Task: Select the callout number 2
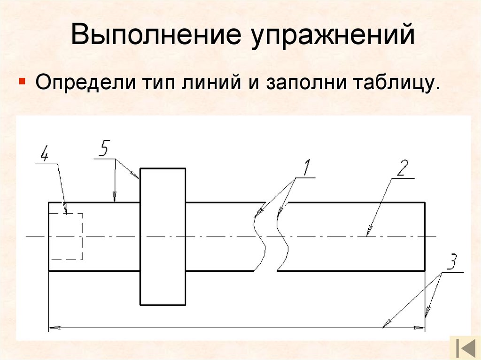[x=403, y=168]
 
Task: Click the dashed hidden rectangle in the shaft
[x=67, y=237]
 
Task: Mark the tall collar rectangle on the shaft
[x=163, y=237]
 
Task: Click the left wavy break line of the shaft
[x=259, y=237]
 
